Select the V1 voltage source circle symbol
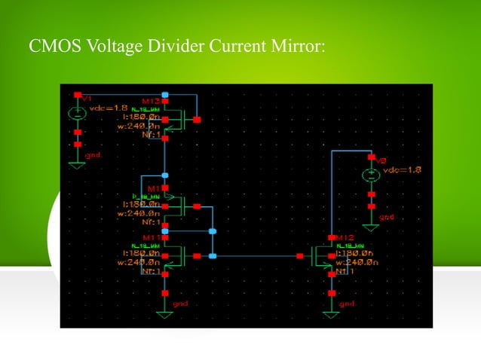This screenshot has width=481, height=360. [x=77, y=114]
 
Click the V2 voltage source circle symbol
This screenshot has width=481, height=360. [x=371, y=175]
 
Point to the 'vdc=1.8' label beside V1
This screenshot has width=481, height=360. [x=110, y=108]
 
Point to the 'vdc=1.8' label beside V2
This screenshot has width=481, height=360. [x=403, y=169]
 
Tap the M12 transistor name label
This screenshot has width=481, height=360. [x=343, y=238]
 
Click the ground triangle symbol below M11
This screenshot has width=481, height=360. [x=164, y=310]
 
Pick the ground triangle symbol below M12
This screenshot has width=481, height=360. [x=332, y=310]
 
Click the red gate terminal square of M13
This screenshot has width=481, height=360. [x=196, y=119]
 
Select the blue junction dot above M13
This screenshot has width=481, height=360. [x=164, y=95]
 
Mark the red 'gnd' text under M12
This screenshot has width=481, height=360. [x=348, y=303]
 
